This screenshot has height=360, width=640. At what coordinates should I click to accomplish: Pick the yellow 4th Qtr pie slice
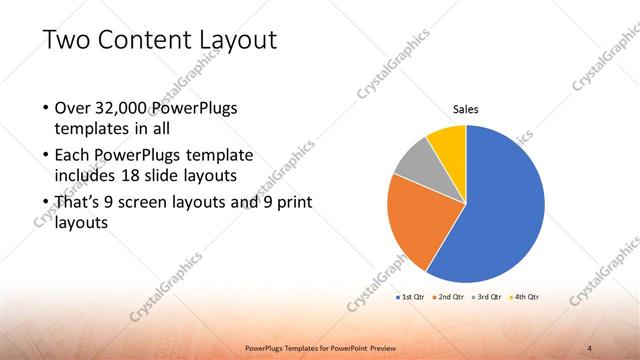[448, 146]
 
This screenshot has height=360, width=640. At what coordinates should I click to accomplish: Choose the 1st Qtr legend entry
[413, 297]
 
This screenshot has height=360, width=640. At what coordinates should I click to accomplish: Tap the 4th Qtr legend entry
[525, 297]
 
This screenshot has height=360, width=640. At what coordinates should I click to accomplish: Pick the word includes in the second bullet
[85, 175]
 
